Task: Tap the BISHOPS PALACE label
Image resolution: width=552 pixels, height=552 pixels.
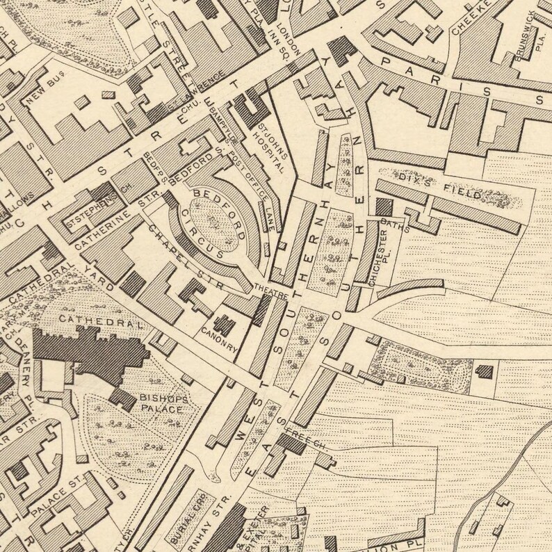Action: pos(161,404)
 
